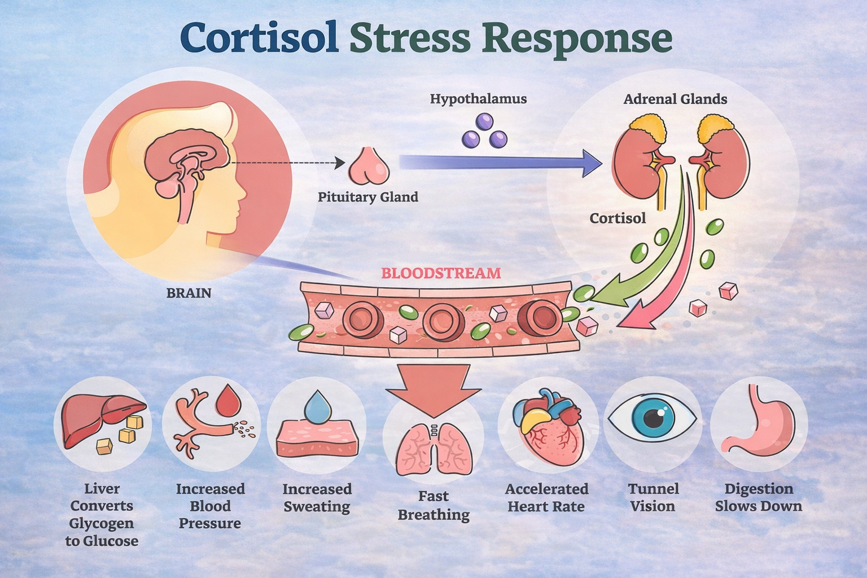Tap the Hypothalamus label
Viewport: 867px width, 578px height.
point(478,99)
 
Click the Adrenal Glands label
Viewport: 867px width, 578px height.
point(675,100)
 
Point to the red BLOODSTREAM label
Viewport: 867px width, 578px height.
point(441,274)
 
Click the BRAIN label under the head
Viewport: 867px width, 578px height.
point(189,294)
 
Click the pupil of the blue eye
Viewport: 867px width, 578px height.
point(654,418)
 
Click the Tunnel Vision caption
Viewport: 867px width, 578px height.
point(653,497)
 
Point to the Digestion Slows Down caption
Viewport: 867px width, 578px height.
point(758,497)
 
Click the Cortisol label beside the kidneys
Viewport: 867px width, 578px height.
point(618,218)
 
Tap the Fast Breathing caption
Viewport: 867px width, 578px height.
point(433,506)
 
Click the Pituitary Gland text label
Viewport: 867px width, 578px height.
point(368,197)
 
